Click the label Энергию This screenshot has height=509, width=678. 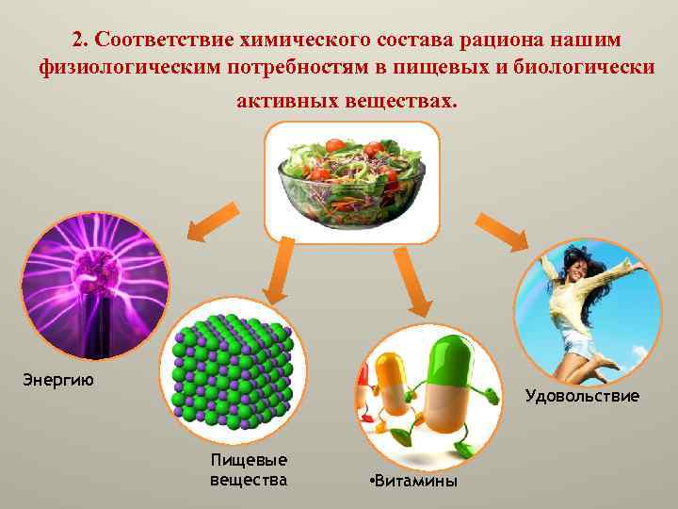(x=57, y=380)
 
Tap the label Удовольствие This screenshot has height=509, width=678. (x=582, y=396)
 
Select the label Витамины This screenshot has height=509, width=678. (x=412, y=482)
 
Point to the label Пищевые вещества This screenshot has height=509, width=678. (x=249, y=469)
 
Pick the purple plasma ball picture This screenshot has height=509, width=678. (x=94, y=287)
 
